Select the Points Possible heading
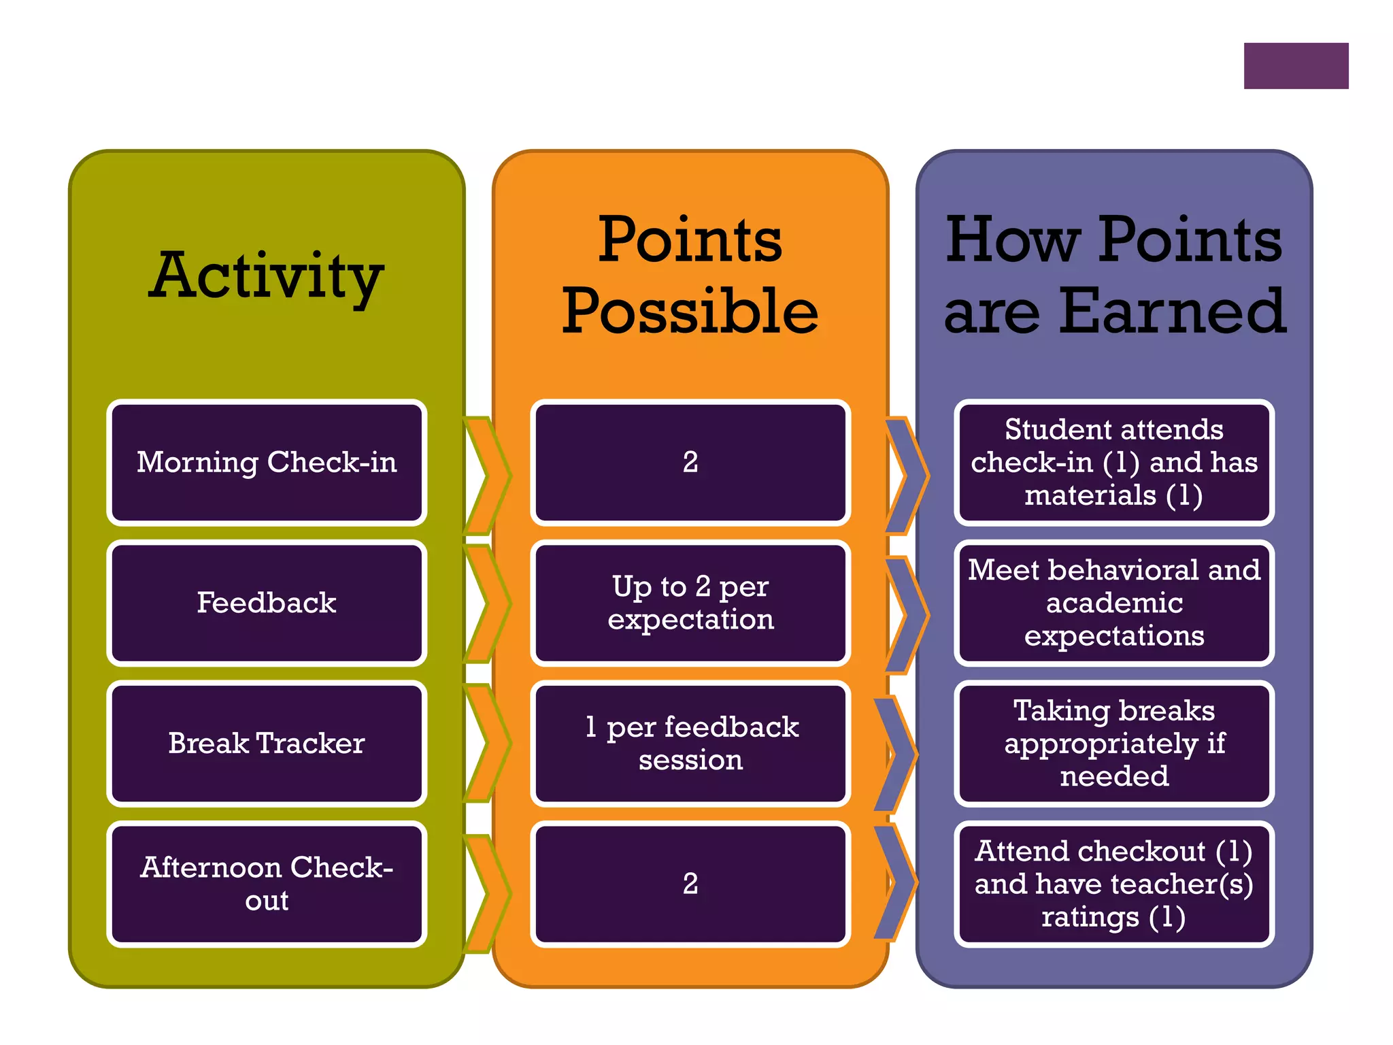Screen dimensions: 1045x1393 click(x=690, y=276)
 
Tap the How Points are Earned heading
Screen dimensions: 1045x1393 click(x=1113, y=276)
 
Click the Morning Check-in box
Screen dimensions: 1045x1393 click(x=267, y=463)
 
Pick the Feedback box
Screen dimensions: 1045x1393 click(x=267, y=603)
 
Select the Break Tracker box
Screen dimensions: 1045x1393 click(x=267, y=743)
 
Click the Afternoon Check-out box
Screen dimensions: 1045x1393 click(x=267, y=884)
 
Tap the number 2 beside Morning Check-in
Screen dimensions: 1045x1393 click(x=690, y=463)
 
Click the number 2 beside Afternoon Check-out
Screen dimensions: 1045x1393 click(x=690, y=884)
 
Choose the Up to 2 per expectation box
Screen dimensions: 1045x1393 click(x=690, y=603)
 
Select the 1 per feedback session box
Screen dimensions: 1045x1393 click(x=690, y=743)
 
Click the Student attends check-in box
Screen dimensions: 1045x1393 click(x=1113, y=463)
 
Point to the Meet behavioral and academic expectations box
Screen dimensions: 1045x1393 click(x=1113, y=603)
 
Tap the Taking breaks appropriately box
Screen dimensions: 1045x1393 click(x=1113, y=743)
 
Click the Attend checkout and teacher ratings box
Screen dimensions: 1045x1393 click(x=1113, y=884)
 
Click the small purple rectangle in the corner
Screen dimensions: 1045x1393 click(x=1296, y=66)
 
